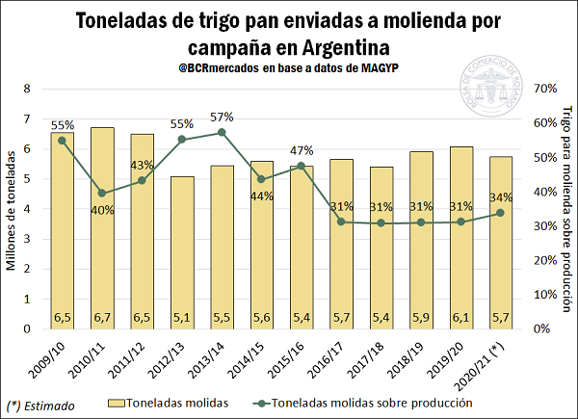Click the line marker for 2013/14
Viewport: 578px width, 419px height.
[222, 132]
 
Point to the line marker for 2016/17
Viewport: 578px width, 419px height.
[302, 222]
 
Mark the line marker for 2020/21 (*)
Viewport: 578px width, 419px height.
[501, 213]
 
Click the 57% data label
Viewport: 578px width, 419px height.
[222, 117]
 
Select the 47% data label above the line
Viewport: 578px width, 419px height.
[302, 150]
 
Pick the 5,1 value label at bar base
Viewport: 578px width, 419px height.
[182, 317]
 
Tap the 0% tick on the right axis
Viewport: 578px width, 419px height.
[540, 328]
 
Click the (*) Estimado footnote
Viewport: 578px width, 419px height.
[40, 406]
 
